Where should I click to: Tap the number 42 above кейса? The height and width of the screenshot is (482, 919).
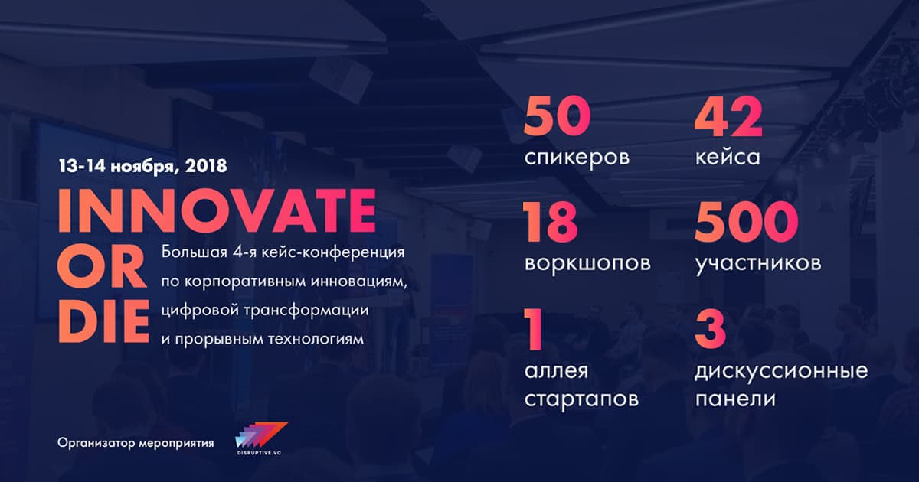tap(728, 117)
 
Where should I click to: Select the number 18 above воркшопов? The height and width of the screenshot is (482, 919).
tap(550, 223)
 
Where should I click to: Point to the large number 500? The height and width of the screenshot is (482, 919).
tap(746, 223)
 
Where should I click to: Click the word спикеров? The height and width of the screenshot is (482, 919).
tap(577, 158)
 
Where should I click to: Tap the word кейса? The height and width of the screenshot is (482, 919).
tap(728, 156)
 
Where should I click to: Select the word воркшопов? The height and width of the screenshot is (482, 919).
tap(587, 263)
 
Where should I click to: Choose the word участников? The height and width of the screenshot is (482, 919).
tap(758, 263)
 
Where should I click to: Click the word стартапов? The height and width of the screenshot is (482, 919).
tap(581, 399)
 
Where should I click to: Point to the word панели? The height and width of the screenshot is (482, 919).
tap(735, 399)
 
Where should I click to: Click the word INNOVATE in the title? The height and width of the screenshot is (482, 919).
tap(217, 211)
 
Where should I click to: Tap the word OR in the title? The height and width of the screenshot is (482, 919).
tap(102, 266)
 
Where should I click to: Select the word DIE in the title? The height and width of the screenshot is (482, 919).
tap(103, 321)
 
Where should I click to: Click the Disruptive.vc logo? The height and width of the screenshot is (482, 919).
tap(261, 439)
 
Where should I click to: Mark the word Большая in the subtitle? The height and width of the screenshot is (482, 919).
tap(194, 252)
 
